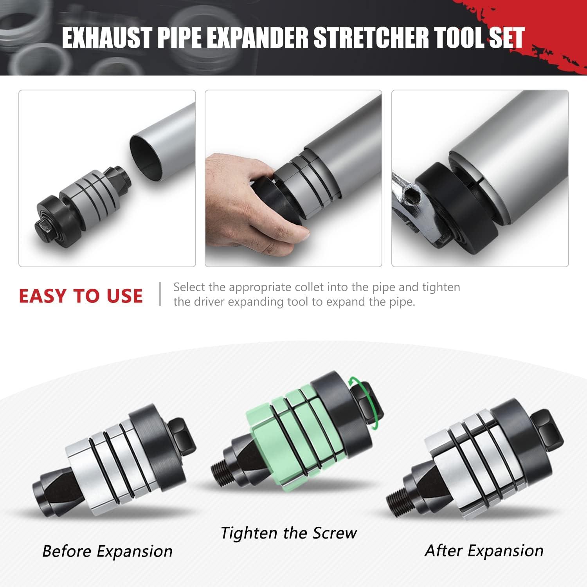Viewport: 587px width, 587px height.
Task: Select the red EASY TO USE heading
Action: point(81,295)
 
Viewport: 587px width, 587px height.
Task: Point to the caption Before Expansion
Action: point(107,551)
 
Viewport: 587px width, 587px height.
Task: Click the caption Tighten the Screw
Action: point(289,533)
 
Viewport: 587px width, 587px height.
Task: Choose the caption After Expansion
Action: point(484,550)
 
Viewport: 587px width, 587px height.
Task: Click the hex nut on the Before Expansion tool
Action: point(182,432)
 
